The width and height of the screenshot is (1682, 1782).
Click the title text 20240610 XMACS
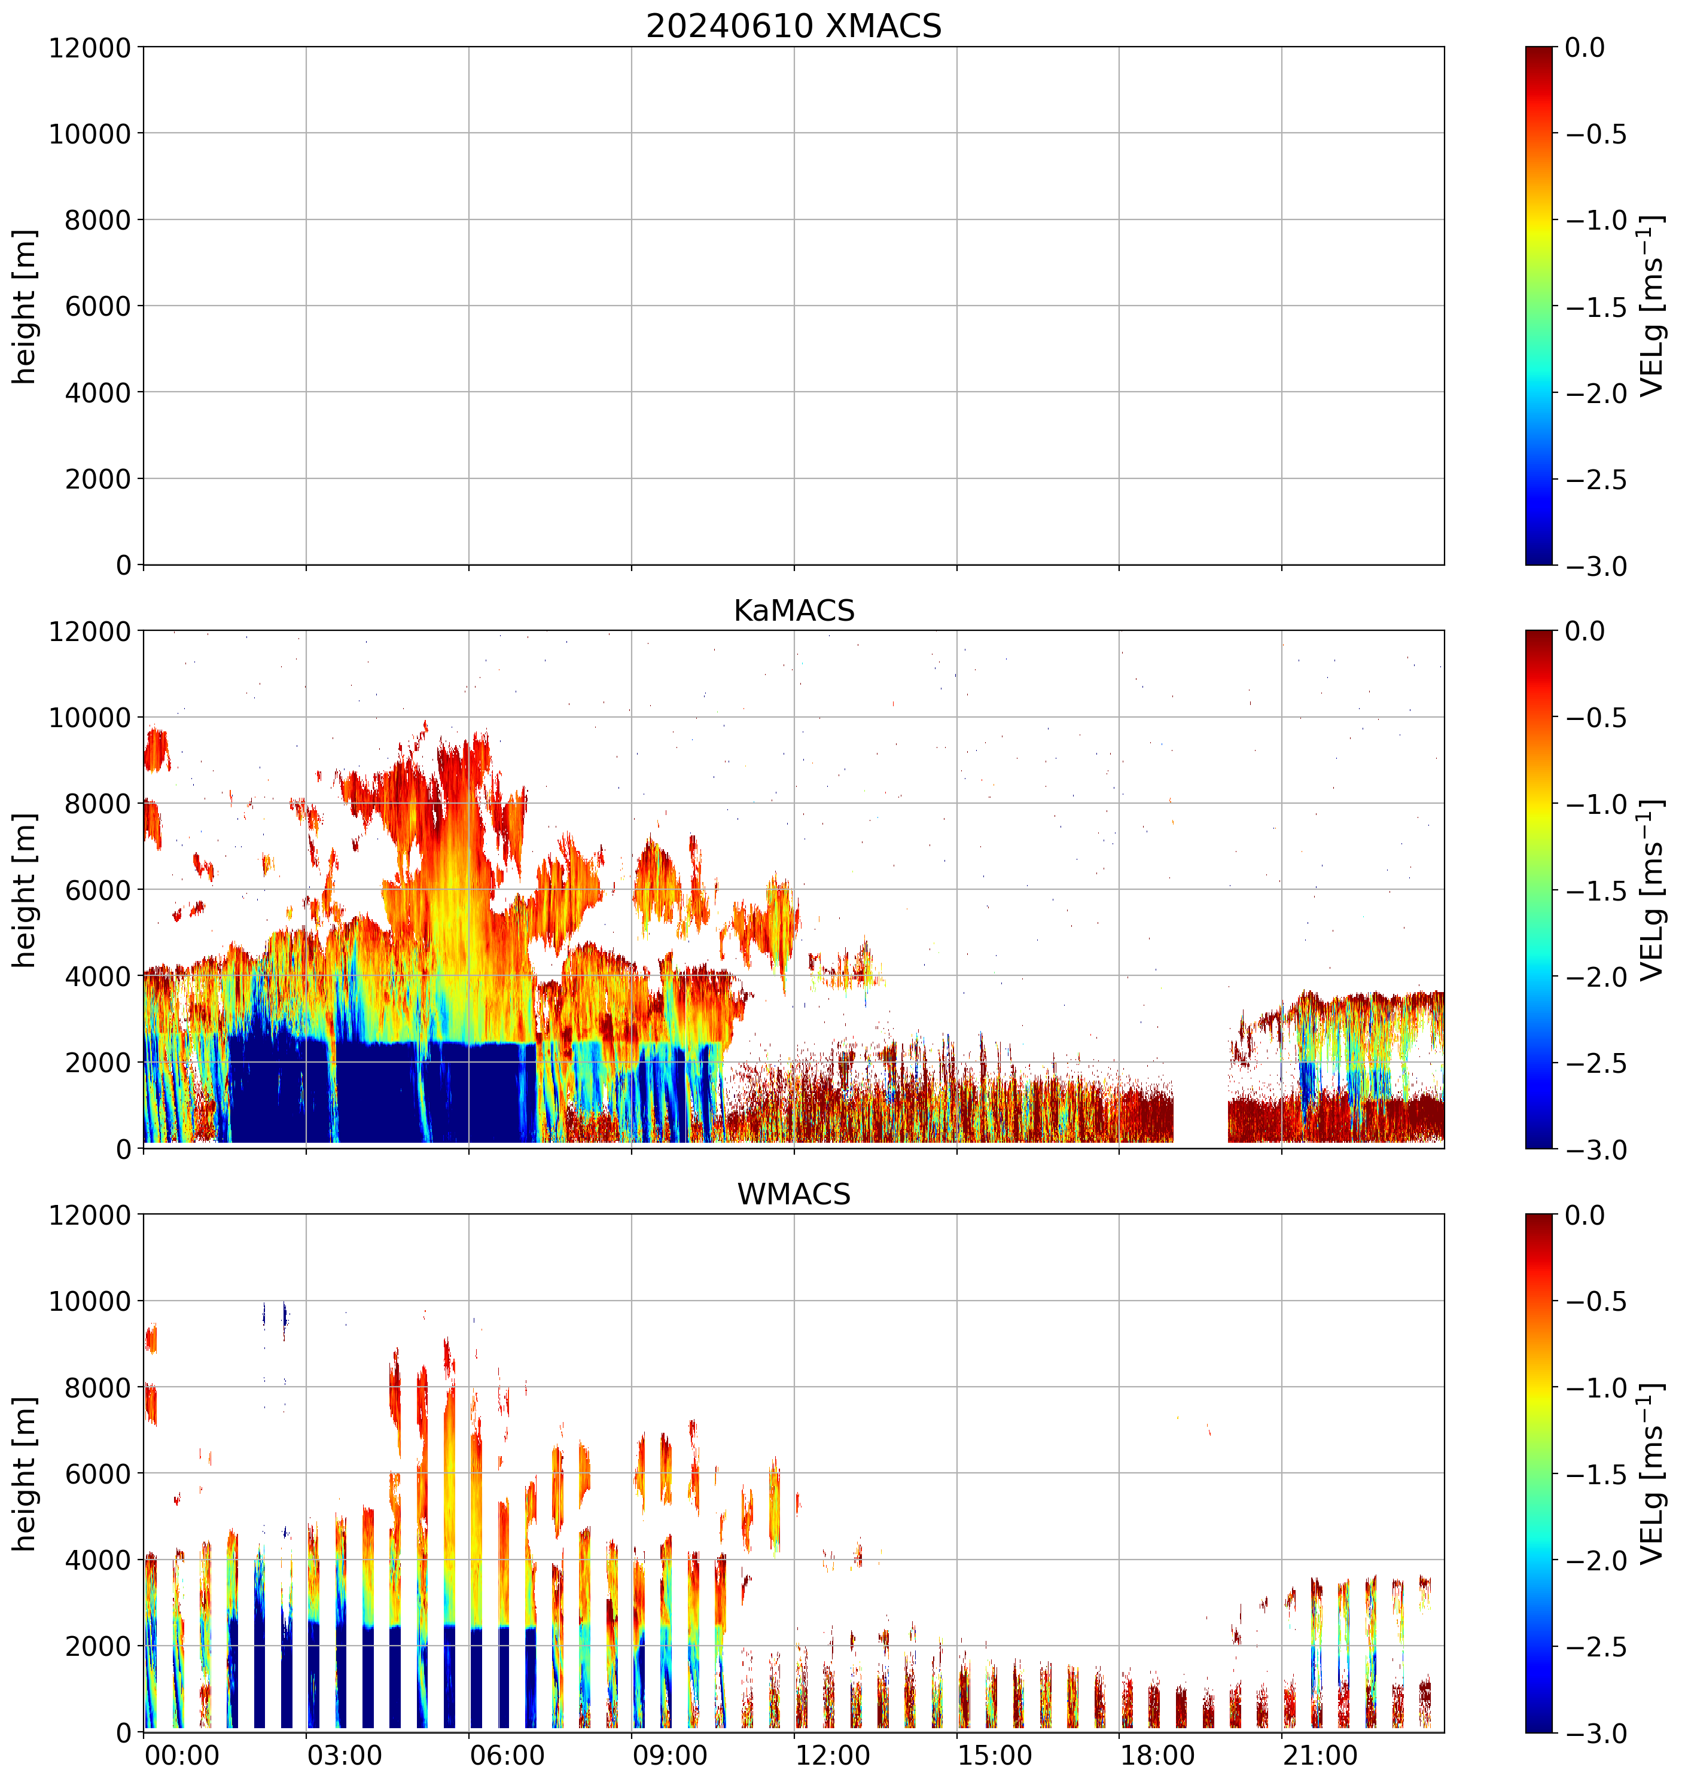click(x=794, y=26)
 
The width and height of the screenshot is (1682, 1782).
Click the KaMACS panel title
click(x=794, y=611)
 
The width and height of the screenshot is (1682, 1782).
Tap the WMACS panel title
click(x=794, y=1194)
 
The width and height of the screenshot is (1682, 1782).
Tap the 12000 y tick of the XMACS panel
click(x=90, y=47)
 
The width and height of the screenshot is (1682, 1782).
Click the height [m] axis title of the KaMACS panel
click(x=25, y=890)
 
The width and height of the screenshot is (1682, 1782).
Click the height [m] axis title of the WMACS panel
click(x=25, y=1473)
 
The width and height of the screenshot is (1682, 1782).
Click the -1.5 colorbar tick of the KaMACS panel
click(x=1596, y=891)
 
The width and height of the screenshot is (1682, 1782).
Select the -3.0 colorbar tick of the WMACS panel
click(x=1596, y=1734)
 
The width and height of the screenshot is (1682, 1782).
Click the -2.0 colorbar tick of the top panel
click(x=1596, y=393)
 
